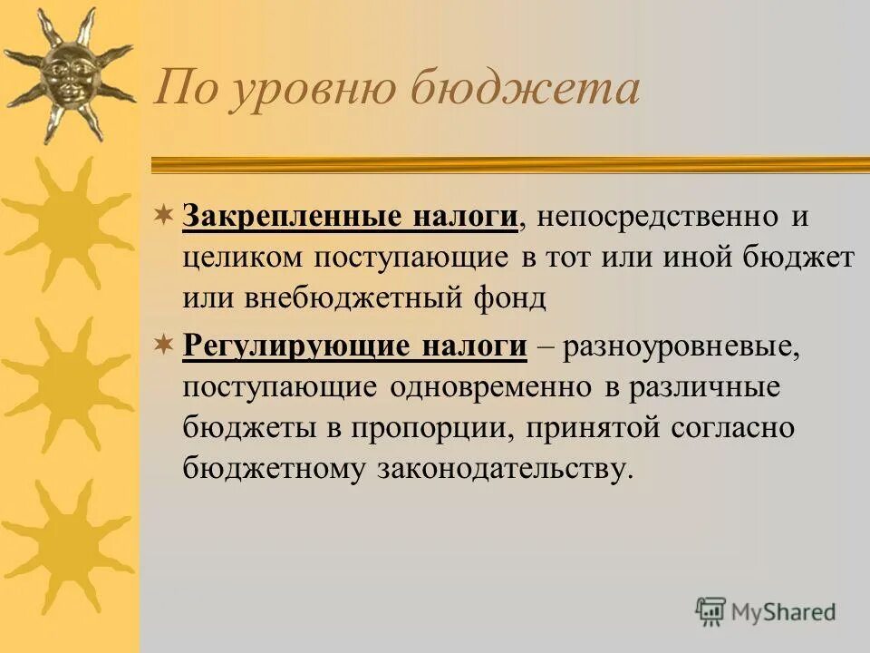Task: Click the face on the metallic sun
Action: coord(68,72)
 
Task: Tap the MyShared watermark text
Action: coord(783,612)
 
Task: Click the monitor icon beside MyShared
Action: coord(711,611)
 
